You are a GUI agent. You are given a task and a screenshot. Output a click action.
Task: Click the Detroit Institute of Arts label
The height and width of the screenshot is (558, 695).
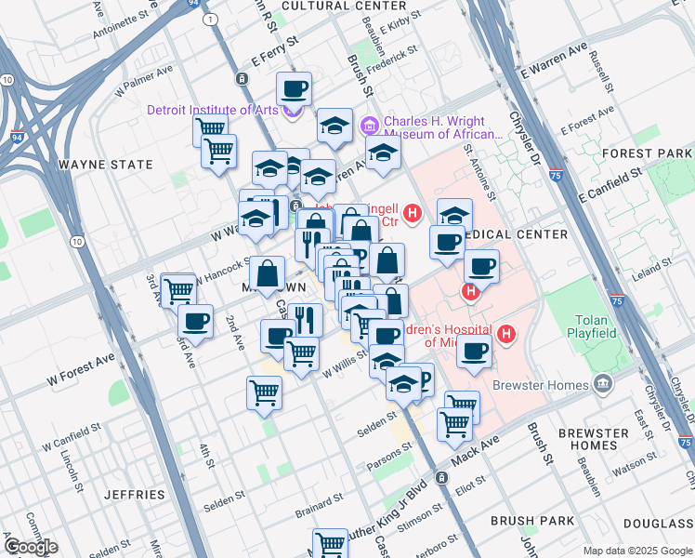click(x=213, y=110)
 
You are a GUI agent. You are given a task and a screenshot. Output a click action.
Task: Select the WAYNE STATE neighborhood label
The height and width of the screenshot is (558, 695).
click(x=105, y=165)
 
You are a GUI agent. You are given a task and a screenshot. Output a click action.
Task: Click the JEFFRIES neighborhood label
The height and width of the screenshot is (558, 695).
click(x=134, y=495)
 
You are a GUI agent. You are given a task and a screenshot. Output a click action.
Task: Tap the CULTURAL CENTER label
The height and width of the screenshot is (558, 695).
click(x=330, y=6)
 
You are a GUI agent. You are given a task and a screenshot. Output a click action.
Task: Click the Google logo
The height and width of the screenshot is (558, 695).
click(x=31, y=547)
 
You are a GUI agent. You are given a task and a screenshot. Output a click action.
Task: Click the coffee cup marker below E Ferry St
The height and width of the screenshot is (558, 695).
click(x=294, y=90)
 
